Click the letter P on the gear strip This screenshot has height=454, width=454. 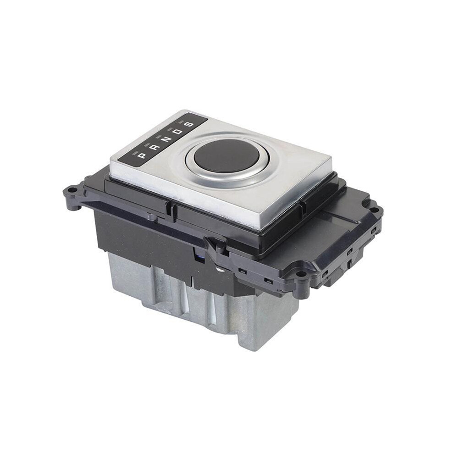pyautogui.click(x=143, y=156)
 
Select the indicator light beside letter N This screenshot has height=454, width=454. pyautogui.click(x=159, y=136)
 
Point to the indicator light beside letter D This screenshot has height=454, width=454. pyautogui.click(x=171, y=128)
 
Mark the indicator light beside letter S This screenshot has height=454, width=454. pyautogui.click(x=183, y=121)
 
